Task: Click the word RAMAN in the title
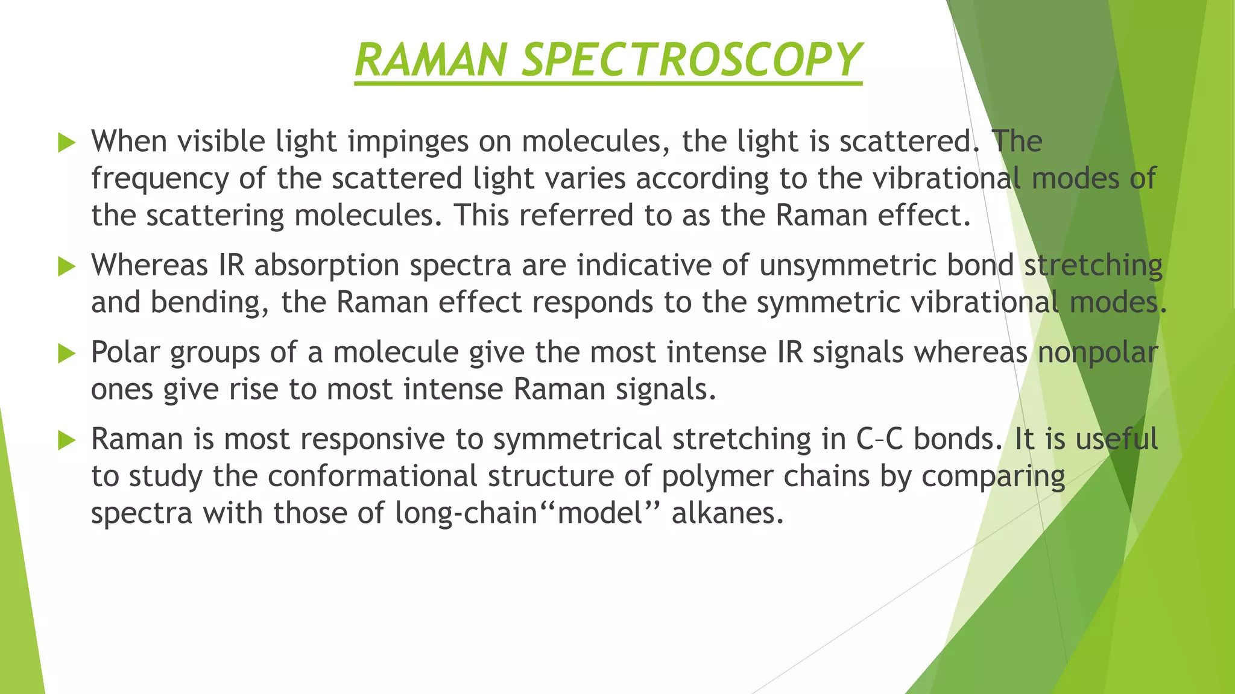(x=431, y=60)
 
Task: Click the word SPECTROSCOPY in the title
(x=692, y=60)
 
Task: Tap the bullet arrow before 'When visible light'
(x=66, y=143)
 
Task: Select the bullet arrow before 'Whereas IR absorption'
(x=66, y=267)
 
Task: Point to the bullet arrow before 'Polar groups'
(x=66, y=354)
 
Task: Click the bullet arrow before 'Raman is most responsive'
(x=66, y=440)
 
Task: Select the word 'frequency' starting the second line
(x=160, y=180)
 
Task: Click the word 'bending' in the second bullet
(x=209, y=303)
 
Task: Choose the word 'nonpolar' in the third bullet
(x=1098, y=352)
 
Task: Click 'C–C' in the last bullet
(x=879, y=439)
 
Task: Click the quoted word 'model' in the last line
(x=600, y=514)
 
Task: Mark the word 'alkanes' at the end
(x=727, y=514)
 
